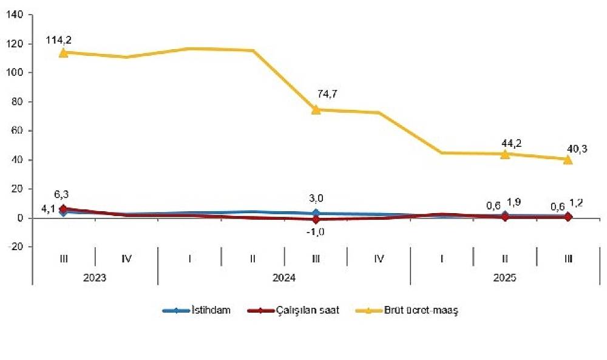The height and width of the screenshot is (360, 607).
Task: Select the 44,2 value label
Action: coord(510,143)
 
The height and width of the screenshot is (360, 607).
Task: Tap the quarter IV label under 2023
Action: coord(126,259)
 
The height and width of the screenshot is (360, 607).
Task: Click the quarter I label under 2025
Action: coord(441,259)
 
